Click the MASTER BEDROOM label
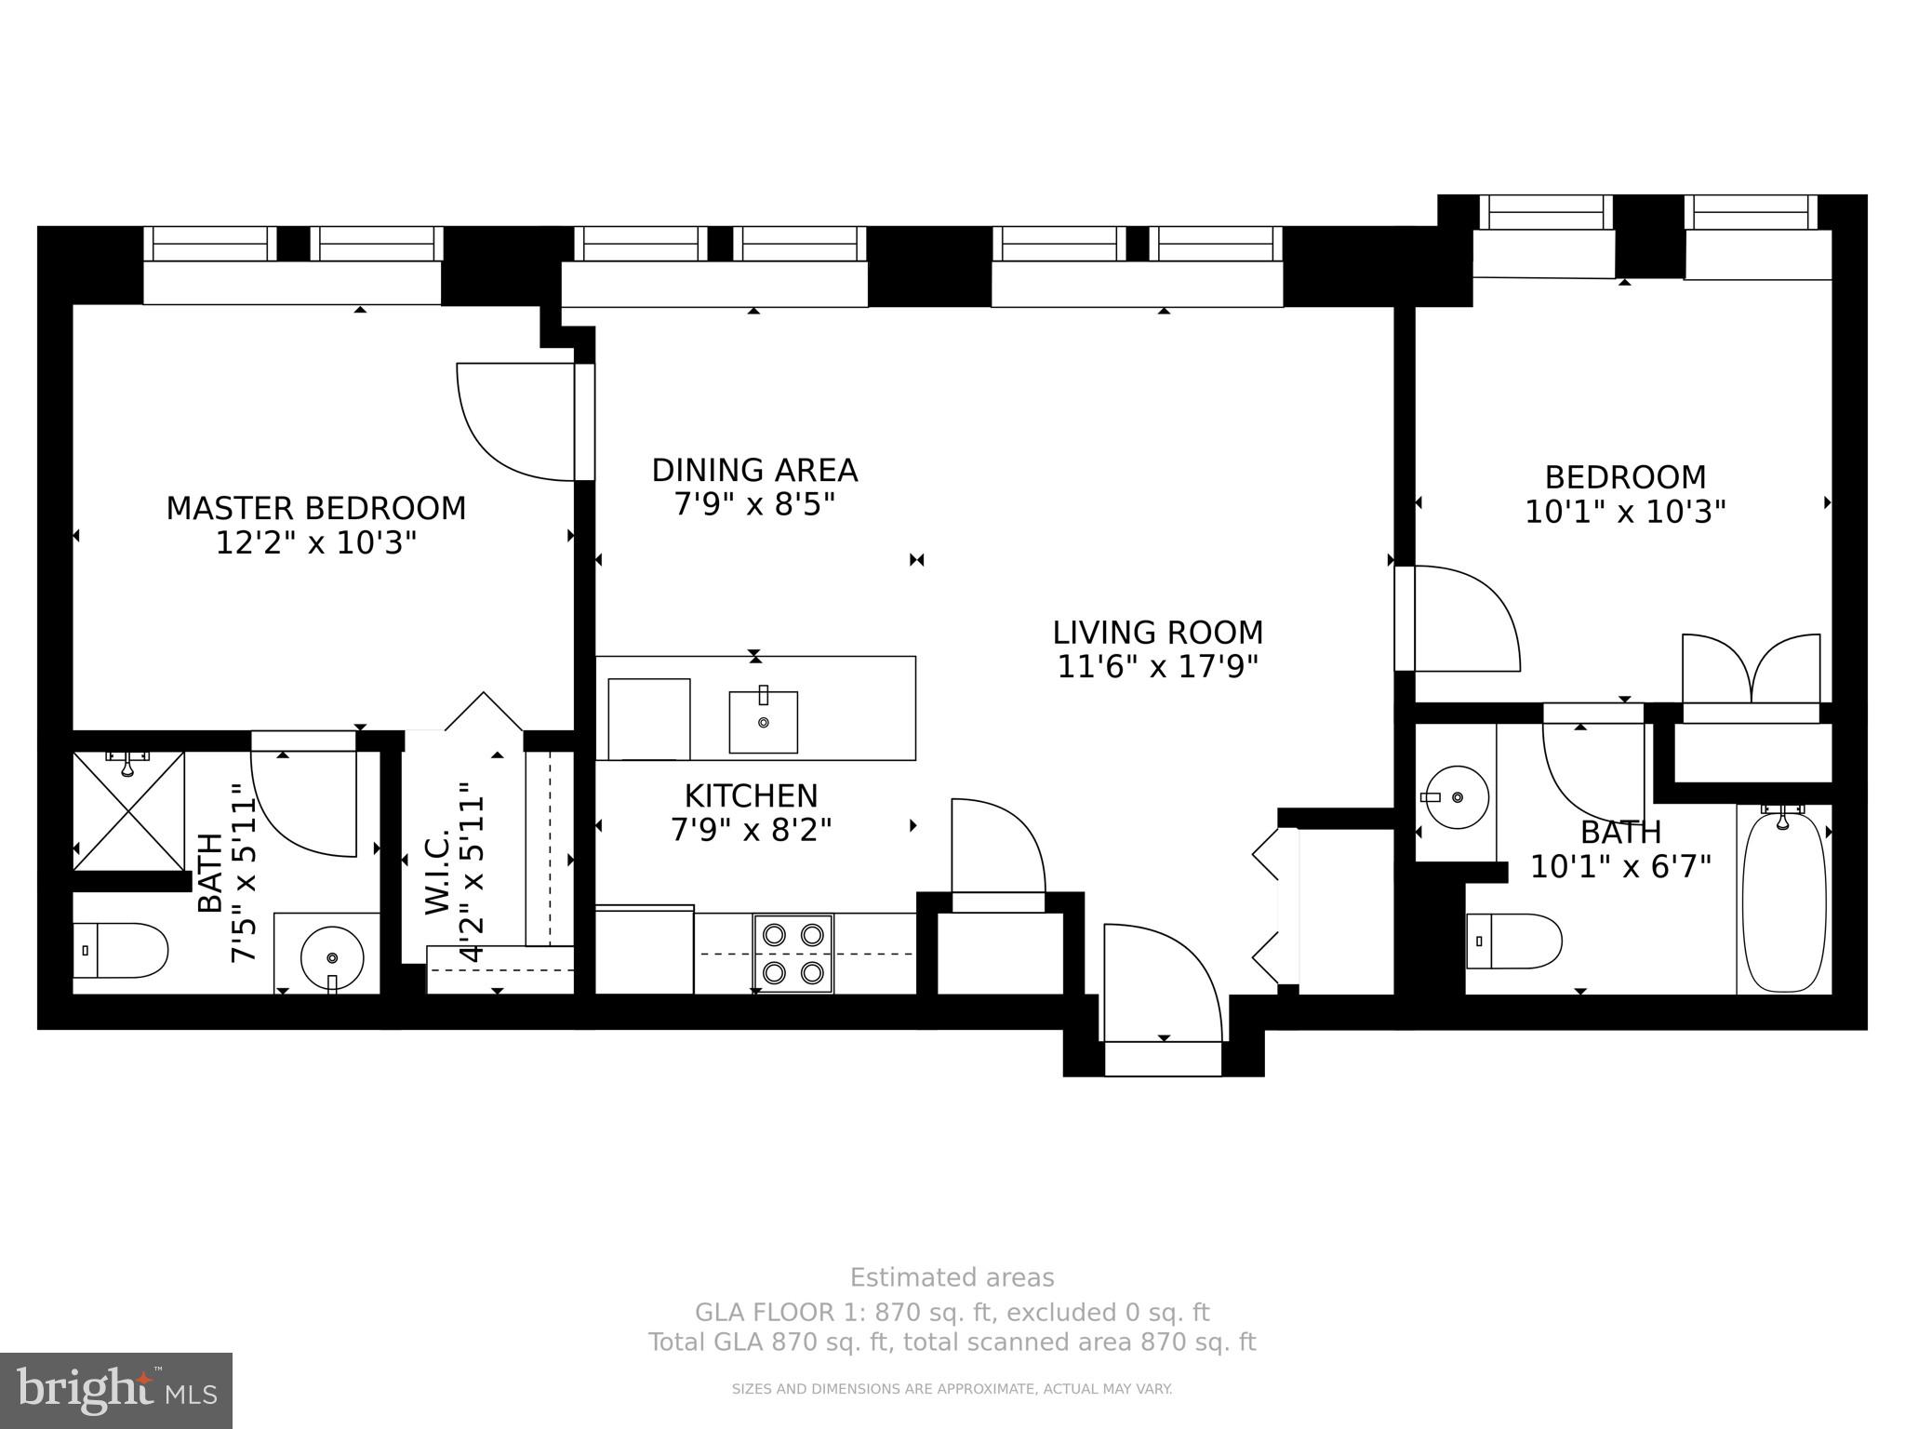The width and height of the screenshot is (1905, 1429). point(315,508)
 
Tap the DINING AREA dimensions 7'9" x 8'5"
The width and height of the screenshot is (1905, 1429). point(754,505)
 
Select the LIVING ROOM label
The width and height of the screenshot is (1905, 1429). point(1157,633)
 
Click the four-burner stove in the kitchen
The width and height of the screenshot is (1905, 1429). point(793,954)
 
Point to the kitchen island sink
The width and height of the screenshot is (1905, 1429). point(763,722)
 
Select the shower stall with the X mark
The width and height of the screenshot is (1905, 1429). point(129,811)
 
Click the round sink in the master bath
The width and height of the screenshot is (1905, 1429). point(331,956)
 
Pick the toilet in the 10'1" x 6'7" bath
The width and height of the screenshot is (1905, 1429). point(1513,941)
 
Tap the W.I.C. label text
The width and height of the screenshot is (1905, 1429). point(437,871)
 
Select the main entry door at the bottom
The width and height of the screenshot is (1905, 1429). point(1163,986)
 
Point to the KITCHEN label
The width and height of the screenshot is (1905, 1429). point(751,795)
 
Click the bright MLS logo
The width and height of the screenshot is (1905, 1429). point(116,1391)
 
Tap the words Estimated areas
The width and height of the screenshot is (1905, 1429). point(952,1277)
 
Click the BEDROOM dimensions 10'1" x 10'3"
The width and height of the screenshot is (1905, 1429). point(1624,512)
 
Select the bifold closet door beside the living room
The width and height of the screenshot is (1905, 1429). point(1269,906)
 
